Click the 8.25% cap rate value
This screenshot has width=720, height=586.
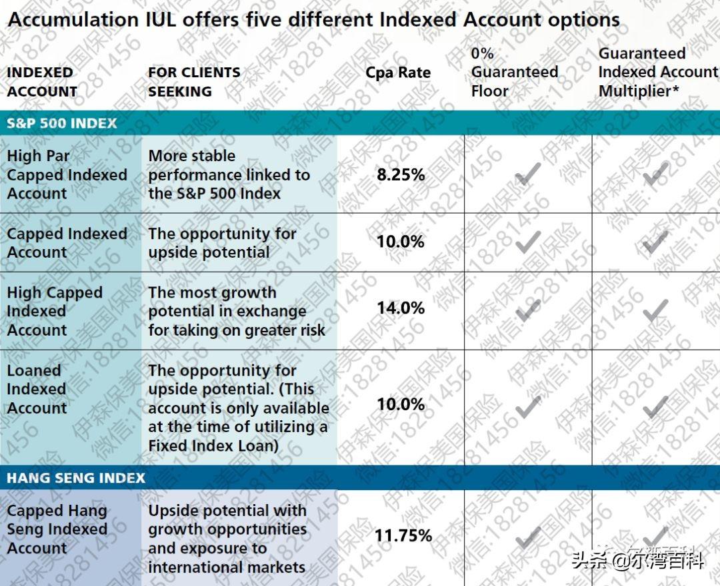[400, 175]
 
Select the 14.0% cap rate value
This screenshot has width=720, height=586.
[400, 308]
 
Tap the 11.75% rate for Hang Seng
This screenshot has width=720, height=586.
[403, 536]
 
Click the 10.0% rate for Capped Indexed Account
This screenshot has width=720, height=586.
[400, 242]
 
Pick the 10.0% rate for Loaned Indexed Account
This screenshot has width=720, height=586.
[400, 404]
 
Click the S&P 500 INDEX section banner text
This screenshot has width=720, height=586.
[62, 123]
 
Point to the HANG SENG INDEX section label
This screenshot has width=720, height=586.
[76, 478]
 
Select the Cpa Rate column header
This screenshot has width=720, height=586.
[398, 73]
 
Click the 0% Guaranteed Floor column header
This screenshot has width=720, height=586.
[514, 73]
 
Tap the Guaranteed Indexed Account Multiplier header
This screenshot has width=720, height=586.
[657, 73]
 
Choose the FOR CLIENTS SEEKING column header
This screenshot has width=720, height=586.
[194, 82]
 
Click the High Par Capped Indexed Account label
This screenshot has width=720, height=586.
[67, 175]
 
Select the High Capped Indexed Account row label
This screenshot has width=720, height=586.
[55, 311]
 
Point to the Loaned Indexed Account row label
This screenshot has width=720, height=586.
[37, 390]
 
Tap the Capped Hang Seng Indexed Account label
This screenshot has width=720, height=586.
[57, 529]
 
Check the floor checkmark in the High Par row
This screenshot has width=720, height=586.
[528, 174]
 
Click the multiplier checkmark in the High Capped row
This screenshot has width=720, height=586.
[656, 309]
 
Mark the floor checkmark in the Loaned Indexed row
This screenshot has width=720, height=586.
[528, 406]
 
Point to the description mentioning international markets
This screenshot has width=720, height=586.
[227, 539]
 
